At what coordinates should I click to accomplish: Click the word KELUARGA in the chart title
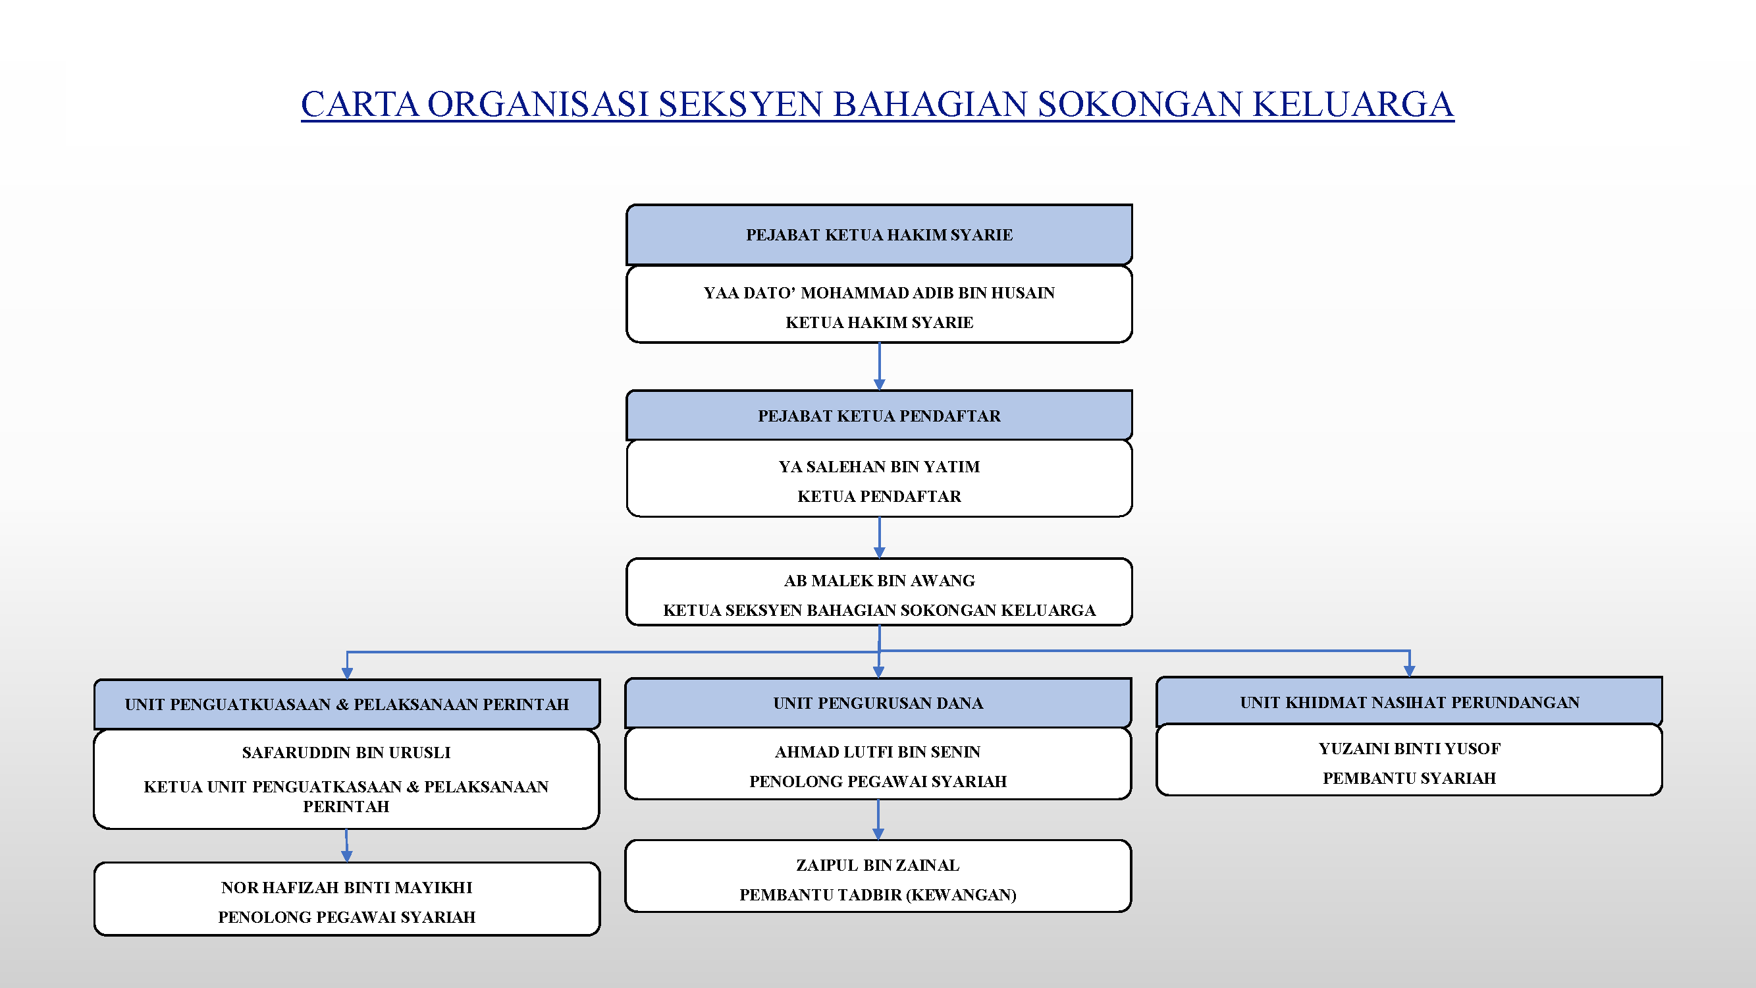pos(1352,104)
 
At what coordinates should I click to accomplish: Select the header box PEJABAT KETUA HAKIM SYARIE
pos(880,234)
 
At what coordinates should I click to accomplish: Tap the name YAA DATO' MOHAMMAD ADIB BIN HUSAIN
pos(880,292)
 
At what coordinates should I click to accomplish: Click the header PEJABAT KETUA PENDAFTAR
pos(880,415)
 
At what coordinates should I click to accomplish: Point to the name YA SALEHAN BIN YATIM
pos(880,466)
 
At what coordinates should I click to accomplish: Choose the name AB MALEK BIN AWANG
pos(880,580)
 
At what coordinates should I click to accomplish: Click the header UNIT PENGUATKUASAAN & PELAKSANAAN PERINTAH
pos(347,704)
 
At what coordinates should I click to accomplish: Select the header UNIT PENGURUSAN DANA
pos(878,703)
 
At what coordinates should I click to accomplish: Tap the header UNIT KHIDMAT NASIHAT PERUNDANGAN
pos(1409,701)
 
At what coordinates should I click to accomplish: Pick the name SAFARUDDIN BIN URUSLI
pos(346,752)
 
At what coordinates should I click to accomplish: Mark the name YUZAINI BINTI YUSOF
pos(1409,748)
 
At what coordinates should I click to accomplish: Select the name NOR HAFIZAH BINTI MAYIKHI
pos(346,887)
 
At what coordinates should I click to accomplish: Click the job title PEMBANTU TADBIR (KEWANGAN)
pos(878,894)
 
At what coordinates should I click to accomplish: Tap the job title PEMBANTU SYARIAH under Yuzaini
pos(1409,778)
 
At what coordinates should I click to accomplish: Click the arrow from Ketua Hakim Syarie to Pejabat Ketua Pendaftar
pos(880,367)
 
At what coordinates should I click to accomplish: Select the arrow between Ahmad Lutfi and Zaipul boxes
pos(878,819)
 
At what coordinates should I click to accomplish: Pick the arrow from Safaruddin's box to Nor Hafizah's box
pos(346,846)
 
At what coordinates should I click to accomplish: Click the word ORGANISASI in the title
pos(538,104)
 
